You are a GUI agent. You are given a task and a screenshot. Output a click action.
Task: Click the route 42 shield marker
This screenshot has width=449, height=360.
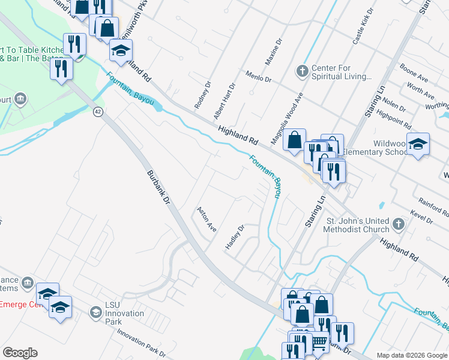pos(98,111)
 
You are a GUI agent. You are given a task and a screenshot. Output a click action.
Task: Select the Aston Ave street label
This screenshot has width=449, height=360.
pos(206,220)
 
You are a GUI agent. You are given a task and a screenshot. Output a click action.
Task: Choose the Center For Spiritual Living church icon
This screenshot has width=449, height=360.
pos(302,72)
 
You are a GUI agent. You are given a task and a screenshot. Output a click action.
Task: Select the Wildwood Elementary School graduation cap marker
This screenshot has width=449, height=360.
pos(418,144)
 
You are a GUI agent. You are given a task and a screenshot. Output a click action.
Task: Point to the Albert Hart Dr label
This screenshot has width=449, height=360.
pos(225,101)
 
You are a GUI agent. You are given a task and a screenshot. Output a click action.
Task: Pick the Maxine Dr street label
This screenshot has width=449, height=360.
pos(273,53)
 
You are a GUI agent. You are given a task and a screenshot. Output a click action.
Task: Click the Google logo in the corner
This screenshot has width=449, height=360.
pos(20,353)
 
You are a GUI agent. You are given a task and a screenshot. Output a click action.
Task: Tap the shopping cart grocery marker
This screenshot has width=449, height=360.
pos(319,342)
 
